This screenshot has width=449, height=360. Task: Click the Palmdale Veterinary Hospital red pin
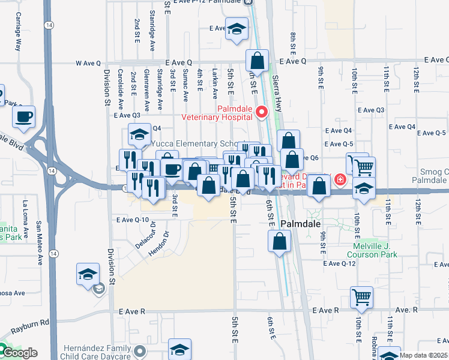coord(261,112)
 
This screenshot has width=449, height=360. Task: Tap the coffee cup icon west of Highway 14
coord(24,117)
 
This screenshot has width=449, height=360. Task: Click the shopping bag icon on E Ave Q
coord(257,61)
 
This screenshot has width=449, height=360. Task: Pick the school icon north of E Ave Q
coord(237,28)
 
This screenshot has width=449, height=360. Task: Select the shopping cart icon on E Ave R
coord(361,296)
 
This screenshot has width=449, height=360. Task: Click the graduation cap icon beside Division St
coord(88,274)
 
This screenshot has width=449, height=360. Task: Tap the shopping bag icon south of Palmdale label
coord(280,241)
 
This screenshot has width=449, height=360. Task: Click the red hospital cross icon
coord(340,179)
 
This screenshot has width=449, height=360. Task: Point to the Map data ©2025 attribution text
coord(424,355)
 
